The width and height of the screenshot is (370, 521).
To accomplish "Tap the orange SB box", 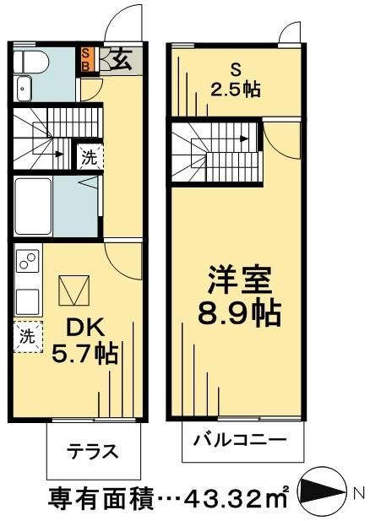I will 86,60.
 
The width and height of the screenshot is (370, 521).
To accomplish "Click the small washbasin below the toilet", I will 23,87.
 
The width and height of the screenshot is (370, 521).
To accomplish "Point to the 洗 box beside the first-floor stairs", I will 88,157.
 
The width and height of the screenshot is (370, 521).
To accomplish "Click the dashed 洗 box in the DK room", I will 27,334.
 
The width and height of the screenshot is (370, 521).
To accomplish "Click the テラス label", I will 90,449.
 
